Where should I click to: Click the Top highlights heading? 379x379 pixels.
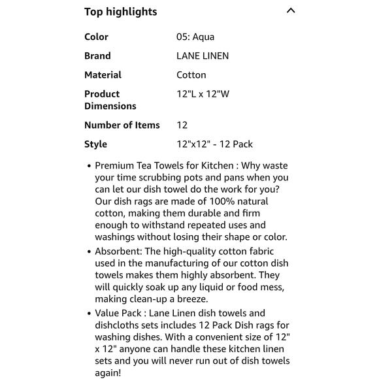click(x=120, y=12)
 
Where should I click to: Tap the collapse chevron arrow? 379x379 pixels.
click(x=291, y=10)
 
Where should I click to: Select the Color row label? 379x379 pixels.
click(x=96, y=37)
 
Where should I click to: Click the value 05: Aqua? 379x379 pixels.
click(x=195, y=37)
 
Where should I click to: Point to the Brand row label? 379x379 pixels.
click(x=97, y=56)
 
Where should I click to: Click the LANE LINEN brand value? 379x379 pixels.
click(x=203, y=56)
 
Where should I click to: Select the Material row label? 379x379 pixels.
click(x=103, y=75)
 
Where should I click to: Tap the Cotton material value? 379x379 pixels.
click(x=191, y=75)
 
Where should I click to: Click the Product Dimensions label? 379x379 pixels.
click(x=110, y=100)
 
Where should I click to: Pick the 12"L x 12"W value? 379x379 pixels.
click(x=203, y=94)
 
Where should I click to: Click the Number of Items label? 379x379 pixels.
click(x=122, y=125)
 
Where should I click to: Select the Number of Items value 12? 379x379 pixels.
click(x=182, y=125)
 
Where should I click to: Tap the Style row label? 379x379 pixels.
click(x=95, y=144)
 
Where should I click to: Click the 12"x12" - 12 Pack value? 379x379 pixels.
click(x=214, y=144)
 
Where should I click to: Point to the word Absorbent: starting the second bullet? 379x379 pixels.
click(x=119, y=252)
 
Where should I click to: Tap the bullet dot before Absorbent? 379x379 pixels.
click(x=89, y=252)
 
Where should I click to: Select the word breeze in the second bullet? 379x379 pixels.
click(x=190, y=299)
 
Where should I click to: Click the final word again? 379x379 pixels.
click(x=108, y=373)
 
